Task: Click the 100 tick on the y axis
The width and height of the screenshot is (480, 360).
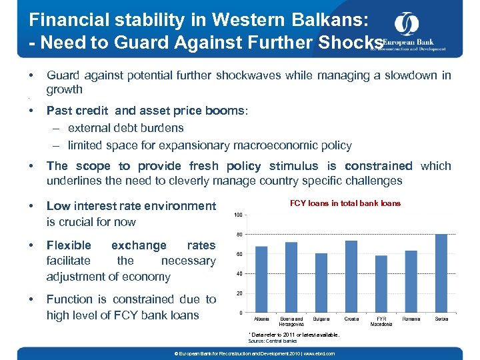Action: pos(237,215)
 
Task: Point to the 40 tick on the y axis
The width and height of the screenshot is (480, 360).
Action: pos(238,274)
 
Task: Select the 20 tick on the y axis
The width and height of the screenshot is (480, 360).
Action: pos(238,293)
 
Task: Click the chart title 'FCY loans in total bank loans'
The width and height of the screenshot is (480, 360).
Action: pos(345,203)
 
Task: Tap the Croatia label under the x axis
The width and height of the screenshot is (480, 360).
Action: pos(351,319)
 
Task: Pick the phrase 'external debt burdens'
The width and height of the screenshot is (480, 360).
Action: pos(125,128)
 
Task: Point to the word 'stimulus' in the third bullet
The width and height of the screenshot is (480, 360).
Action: pos(297,166)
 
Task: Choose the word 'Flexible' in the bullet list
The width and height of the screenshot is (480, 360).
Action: pos(69,245)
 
